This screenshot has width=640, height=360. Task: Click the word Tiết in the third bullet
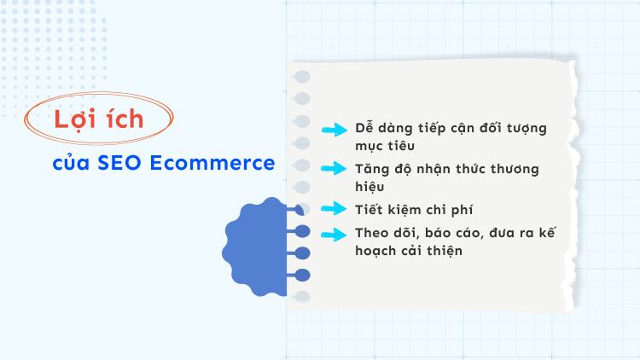click(x=371, y=209)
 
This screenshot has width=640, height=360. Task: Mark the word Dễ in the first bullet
click(x=364, y=129)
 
